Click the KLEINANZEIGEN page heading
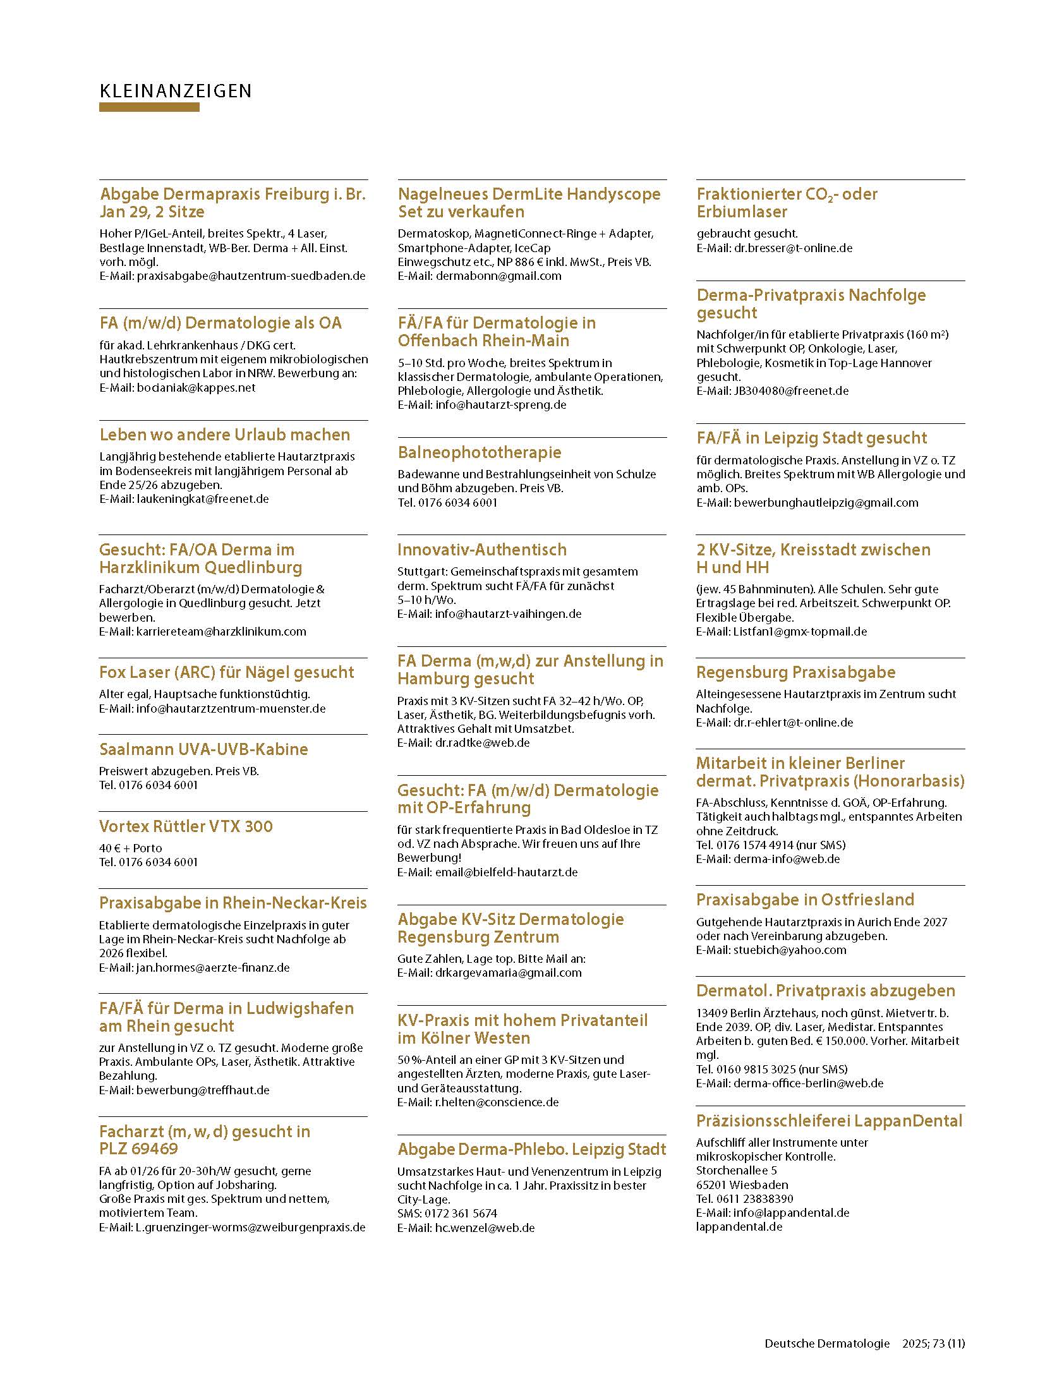[x=176, y=91]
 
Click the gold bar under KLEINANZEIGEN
[x=149, y=108]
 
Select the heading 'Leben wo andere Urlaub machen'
[x=224, y=435]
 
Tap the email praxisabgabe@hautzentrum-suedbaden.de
[x=251, y=276]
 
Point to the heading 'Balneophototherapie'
[x=479, y=452]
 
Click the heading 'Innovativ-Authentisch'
[x=481, y=550]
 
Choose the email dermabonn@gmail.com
[x=498, y=276]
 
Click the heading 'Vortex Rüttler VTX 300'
[x=186, y=826]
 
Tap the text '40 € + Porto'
[x=130, y=848]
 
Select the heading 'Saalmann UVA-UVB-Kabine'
[x=203, y=749]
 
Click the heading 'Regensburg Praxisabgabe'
[x=795, y=672]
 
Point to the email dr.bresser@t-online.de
[x=792, y=248]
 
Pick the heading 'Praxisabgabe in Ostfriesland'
[x=805, y=900]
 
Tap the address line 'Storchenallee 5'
[x=736, y=1171]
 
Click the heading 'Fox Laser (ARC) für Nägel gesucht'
[x=226, y=672]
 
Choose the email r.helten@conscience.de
[x=497, y=1102]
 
